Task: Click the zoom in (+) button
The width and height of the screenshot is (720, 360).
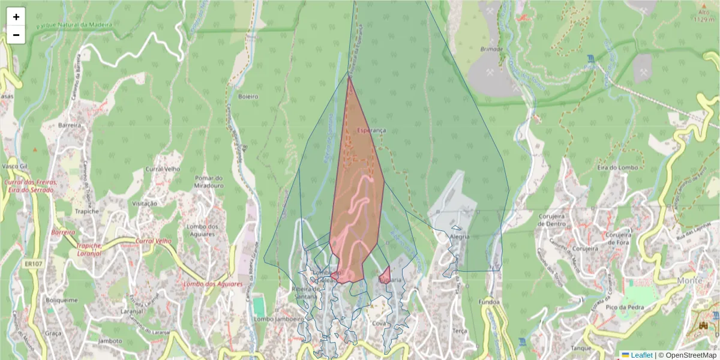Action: point(16,17)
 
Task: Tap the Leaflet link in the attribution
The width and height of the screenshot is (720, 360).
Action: point(641,355)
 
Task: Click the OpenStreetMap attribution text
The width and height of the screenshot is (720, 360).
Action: point(691,355)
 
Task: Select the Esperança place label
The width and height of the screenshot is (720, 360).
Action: point(371,130)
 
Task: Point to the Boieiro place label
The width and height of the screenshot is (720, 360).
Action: point(248,96)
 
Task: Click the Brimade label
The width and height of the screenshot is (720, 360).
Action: point(491,49)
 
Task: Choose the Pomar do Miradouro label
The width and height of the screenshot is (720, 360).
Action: point(209,182)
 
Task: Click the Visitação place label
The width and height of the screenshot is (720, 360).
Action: point(144,203)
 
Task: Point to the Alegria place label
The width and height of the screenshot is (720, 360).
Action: point(460,236)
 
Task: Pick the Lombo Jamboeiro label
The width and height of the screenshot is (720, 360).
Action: point(278,320)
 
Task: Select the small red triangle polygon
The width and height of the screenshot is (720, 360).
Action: point(385,275)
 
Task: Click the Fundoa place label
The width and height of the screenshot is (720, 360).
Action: point(490,302)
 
